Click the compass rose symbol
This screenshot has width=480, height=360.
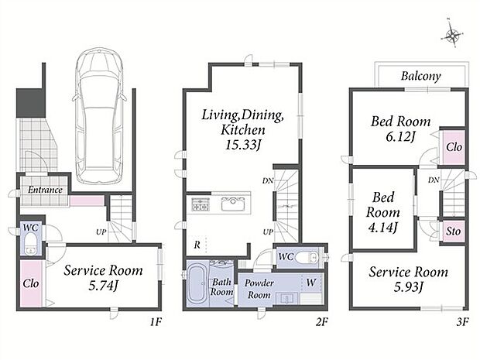pos(452,35)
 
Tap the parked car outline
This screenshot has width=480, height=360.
pos(100,115)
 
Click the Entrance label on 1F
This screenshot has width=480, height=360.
pos(46,190)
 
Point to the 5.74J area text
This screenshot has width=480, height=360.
pos(103,286)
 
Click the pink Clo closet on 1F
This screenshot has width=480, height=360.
pos(31,283)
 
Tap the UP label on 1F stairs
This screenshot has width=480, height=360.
pos(101,232)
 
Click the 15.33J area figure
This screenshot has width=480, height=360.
pos(243,145)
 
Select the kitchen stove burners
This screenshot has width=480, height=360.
pos(201,204)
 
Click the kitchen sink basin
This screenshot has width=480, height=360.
pos(233,204)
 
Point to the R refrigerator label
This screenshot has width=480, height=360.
pos(197,245)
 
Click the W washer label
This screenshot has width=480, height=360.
pos(310,283)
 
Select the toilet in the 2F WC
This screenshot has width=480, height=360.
pos(312,256)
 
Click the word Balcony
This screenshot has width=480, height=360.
pos(421,76)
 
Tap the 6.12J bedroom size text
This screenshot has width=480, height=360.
pos(400,136)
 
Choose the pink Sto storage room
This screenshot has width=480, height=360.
pos(453,231)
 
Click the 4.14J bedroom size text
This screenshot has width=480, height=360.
pos(383,227)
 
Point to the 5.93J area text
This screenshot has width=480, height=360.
pos(408,287)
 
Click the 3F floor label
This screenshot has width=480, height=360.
pos(462,322)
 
